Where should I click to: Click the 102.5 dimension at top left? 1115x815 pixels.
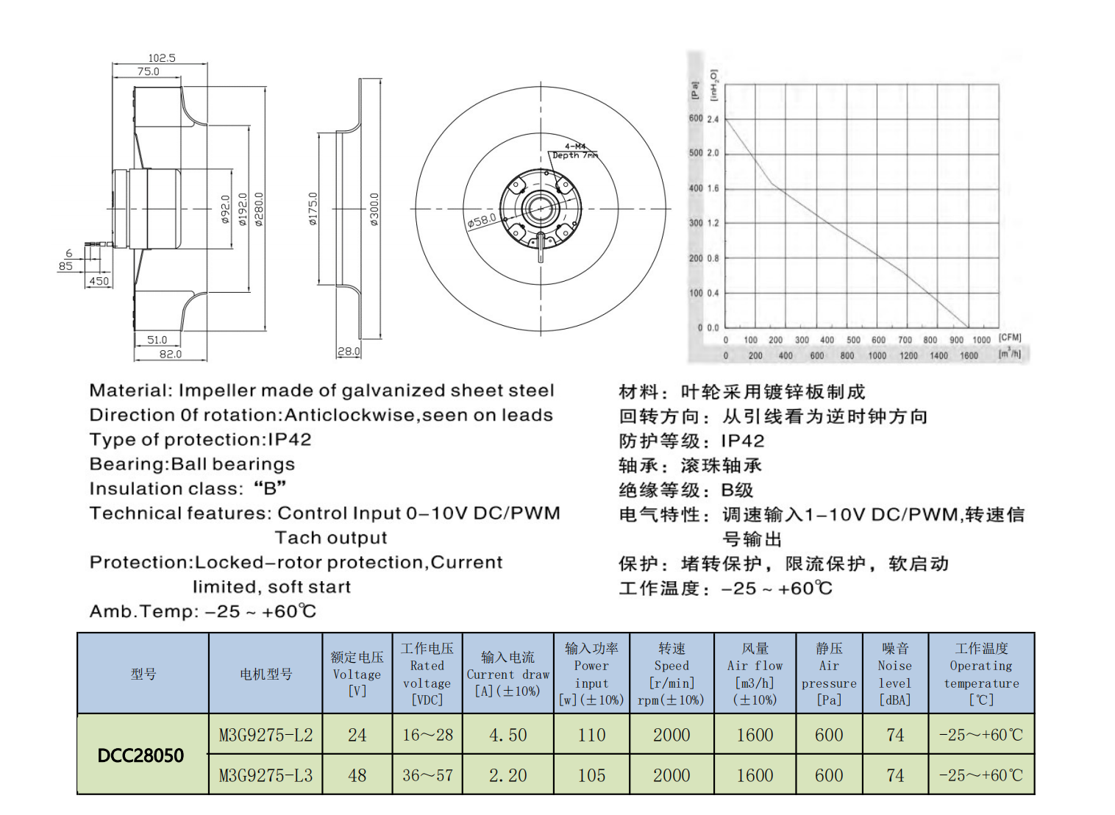coord(162,57)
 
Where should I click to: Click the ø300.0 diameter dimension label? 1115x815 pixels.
coord(374,209)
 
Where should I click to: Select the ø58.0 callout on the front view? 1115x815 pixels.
coord(482,221)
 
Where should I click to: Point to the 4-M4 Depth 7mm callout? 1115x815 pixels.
coord(575,151)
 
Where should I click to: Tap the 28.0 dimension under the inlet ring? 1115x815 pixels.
coord(349,352)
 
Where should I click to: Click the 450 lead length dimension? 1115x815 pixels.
coord(99,281)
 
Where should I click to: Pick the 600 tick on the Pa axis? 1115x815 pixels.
coord(695,118)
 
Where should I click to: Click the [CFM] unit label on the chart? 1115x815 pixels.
coord(1010,338)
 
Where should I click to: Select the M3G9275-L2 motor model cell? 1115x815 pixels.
coord(266,735)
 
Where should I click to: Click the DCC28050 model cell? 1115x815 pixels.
coord(141,755)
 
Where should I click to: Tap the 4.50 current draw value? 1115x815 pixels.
coord(507,735)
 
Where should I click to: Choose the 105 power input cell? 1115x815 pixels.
coord(591,775)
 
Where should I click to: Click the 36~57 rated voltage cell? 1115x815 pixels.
coord(427,775)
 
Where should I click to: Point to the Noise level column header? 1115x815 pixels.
coord(895,674)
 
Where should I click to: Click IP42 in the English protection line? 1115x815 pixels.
coord(289,440)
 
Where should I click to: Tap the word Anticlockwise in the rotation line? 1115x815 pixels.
coord(351,416)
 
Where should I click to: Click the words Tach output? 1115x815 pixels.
coord(331,538)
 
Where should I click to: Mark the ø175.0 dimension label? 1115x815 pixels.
coord(313,209)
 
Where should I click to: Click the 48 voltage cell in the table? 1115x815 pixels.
coord(357,775)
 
